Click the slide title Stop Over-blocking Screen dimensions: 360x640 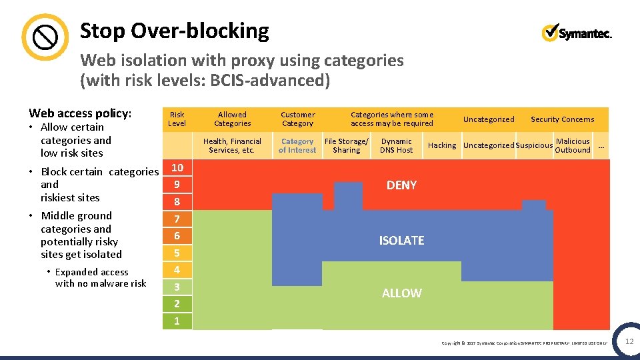coord(174,31)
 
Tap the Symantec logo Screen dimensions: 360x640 coord(576,33)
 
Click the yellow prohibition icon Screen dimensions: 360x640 coord(45,37)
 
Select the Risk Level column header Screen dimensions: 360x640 coord(177,119)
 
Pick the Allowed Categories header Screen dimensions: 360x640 coord(232,119)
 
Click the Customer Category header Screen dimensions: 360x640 coord(297,119)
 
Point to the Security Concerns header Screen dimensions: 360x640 coord(562,119)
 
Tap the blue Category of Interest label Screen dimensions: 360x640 coord(297,145)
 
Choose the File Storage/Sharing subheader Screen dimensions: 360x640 coord(346,145)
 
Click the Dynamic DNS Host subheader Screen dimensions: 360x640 coord(396,145)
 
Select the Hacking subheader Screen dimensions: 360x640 coord(442,145)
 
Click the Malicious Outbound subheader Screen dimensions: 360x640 coord(573,145)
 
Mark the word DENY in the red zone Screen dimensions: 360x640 coord(401,185)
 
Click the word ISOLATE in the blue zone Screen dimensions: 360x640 coord(401,240)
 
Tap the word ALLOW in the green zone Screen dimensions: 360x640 coord(401,293)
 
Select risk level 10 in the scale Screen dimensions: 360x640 coord(177,167)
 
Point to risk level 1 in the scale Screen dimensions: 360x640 coord(177,321)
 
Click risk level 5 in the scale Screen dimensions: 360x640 coord(177,253)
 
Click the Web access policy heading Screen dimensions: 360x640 coord(80,113)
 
